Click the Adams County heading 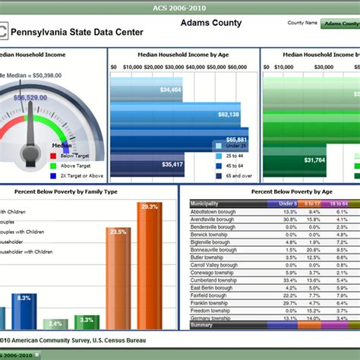[211, 24]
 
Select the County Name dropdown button [339, 24]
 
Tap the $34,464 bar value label [171, 90]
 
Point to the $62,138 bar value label [228, 115]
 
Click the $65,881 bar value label [236, 140]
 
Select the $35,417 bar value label [172, 164]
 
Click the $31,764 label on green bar [314, 160]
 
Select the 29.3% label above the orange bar [150, 207]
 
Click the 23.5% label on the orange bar [118, 232]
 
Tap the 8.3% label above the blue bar [24, 298]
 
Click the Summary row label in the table [202, 325]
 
